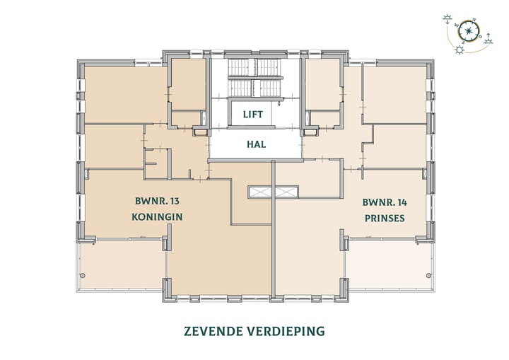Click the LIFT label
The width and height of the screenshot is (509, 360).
click(x=252, y=114)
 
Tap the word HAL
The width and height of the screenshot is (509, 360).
click(x=255, y=144)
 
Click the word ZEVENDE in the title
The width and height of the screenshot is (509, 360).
click(x=212, y=330)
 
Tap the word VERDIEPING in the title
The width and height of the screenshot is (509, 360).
click(x=288, y=330)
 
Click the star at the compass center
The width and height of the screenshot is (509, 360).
click(x=469, y=31)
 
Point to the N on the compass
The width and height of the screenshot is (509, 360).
click(x=474, y=21)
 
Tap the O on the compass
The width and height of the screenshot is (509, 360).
click(x=480, y=36)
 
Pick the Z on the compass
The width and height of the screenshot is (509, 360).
click(x=463, y=42)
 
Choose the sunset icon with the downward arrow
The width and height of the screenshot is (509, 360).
click(x=447, y=19)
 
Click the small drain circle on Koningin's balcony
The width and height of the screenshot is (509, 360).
click(x=83, y=274)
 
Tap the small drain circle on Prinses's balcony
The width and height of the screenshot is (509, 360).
click(x=424, y=274)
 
